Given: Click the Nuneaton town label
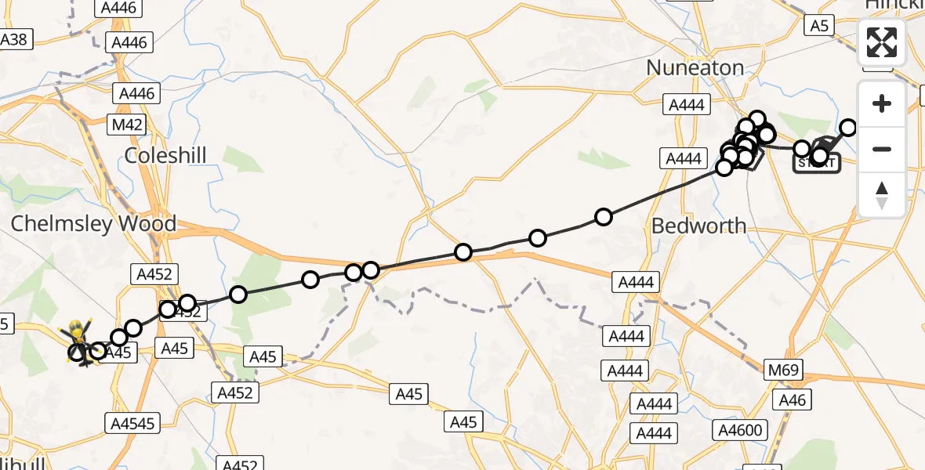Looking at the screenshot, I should (695, 68).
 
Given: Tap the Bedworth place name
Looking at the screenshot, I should (699, 226).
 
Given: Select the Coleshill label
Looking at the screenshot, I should (165, 155).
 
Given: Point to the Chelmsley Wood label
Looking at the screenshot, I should (93, 224).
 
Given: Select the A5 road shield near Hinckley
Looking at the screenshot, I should (819, 26).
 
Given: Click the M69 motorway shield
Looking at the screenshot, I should (783, 367).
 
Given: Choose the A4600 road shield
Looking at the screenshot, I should (740, 429).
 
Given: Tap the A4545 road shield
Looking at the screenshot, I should (132, 424).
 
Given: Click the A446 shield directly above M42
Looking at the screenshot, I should (139, 94).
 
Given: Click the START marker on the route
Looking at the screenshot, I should (817, 163).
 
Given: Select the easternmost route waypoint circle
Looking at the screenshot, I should (848, 128).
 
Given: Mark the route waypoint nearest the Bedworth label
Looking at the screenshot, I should (604, 217).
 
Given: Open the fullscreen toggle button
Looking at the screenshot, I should (882, 42).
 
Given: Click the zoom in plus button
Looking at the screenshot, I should (882, 103).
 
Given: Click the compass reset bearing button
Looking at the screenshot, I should (882, 194).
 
